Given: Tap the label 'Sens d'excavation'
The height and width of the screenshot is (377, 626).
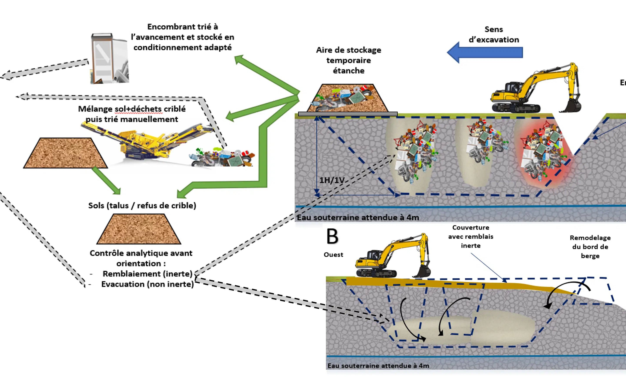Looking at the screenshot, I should pyautogui.click(x=494, y=35).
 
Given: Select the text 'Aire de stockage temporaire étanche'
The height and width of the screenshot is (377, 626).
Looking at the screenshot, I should pyautogui.click(x=349, y=60).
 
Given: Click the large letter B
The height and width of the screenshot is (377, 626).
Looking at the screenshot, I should pyautogui.click(x=332, y=236).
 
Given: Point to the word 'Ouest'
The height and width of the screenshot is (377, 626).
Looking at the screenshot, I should pyautogui.click(x=333, y=255).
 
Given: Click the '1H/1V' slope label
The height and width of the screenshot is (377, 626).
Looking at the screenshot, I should pyautogui.click(x=332, y=180).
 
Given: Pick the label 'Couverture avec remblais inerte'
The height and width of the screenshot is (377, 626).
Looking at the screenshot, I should pyautogui.click(x=471, y=236).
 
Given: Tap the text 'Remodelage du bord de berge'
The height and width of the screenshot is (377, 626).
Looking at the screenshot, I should pyautogui.click(x=590, y=246).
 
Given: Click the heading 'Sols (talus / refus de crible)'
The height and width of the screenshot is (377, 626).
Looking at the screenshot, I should pyautogui.click(x=142, y=205).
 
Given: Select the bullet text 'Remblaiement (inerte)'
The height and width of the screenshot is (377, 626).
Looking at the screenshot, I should pyautogui.click(x=147, y=274).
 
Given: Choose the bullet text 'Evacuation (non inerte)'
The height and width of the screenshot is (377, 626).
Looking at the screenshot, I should pyautogui.click(x=147, y=284).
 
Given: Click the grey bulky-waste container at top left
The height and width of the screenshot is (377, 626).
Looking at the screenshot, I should pyautogui.click(x=109, y=58).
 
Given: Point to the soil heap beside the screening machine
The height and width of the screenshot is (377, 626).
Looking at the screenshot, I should pyautogui.click(x=65, y=153).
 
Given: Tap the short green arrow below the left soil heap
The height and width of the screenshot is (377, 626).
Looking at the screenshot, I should pyautogui.click(x=106, y=180).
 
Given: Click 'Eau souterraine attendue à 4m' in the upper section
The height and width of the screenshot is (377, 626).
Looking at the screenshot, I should pyautogui.click(x=358, y=218).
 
